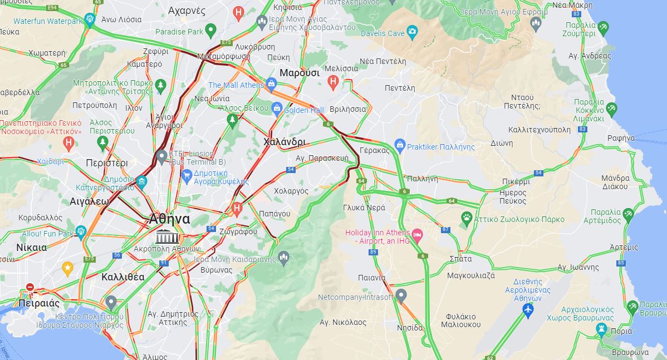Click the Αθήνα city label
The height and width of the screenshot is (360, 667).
(x=169, y=219)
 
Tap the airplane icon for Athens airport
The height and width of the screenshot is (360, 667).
(x=528, y=309)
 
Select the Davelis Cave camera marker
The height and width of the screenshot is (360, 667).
(x=412, y=31)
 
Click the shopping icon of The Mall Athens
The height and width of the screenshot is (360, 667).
(x=271, y=85)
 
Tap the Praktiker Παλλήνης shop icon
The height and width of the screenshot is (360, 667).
(x=399, y=146)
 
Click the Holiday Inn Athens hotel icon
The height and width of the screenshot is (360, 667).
(x=417, y=233)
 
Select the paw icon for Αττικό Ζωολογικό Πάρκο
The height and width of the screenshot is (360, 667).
(x=467, y=216)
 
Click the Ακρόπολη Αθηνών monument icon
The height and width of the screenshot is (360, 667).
(x=164, y=235)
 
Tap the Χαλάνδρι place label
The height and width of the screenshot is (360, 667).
(x=284, y=142)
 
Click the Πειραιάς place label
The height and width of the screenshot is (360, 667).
(x=38, y=303)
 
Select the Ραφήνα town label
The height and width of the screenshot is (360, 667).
(x=621, y=138)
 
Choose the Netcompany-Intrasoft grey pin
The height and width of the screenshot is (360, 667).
(x=401, y=295)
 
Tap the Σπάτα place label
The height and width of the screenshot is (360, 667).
(x=460, y=259)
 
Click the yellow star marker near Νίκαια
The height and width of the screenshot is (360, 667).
(x=67, y=269)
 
